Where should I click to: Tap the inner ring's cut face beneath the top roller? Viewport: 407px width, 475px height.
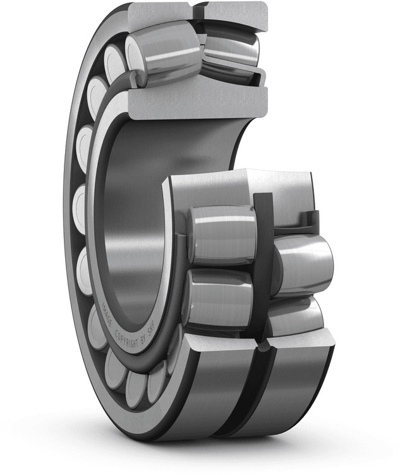(x=196, y=101)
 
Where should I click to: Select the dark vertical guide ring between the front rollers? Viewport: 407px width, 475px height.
(x=263, y=265)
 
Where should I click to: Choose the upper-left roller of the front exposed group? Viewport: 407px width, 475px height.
(x=221, y=233)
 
